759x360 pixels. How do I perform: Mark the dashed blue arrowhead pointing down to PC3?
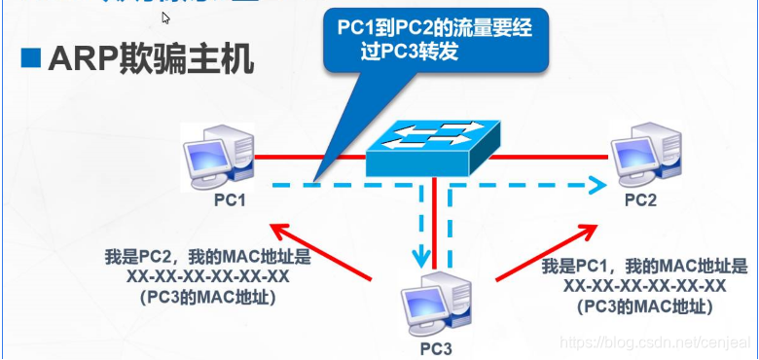click(x=421, y=258)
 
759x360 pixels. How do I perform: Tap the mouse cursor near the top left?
click(x=166, y=18)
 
